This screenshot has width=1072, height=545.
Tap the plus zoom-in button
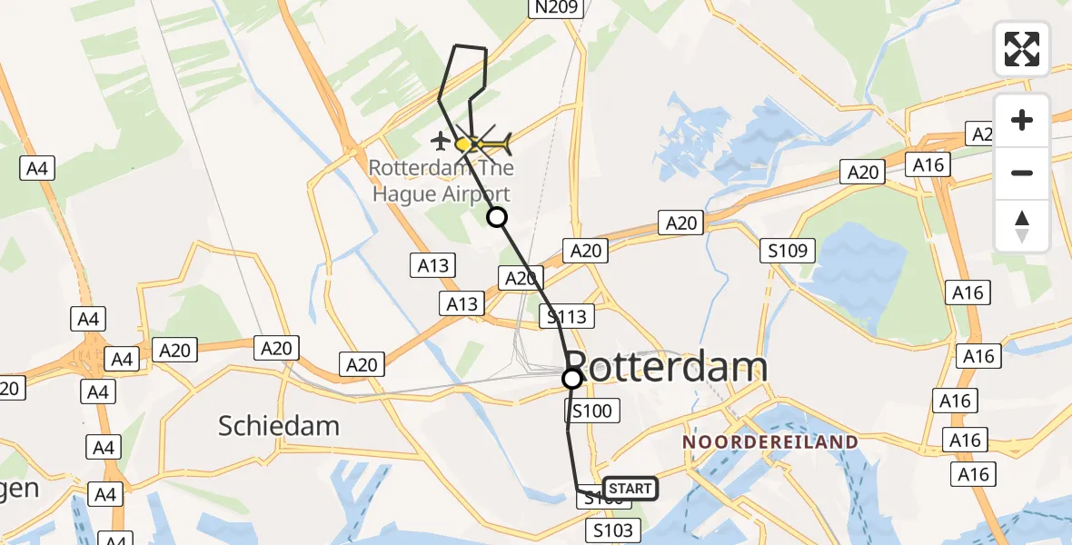coord(1022,120)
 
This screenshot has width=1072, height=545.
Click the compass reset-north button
coord(1022,226)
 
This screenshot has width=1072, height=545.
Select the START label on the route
coord(630,489)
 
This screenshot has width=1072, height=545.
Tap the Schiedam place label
coord(279,425)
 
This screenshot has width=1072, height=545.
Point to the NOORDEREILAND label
coord(770,441)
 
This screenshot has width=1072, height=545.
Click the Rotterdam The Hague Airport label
coord(441,181)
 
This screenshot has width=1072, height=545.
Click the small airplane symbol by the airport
coord(441,141)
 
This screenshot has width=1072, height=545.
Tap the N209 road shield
coord(555,8)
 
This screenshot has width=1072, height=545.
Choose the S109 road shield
coord(789,250)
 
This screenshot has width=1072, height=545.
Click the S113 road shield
coord(567,316)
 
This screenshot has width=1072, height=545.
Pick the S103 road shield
coord(614,530)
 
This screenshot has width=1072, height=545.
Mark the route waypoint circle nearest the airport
coord(497,217)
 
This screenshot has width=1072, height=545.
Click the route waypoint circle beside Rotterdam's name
coord(572,378)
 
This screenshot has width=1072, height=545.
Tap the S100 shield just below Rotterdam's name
coord(591,411)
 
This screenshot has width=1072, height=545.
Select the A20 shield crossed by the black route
coord(521,278)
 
